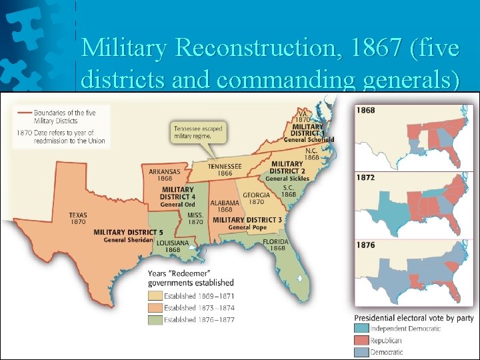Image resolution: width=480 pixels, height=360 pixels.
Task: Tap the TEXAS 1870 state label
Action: coord(77,218)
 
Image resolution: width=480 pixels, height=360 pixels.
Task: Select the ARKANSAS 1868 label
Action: coord(164,175)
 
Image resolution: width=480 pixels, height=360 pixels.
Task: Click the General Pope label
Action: coord(247,227)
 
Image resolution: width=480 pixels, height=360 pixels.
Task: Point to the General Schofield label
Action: coord(309,140)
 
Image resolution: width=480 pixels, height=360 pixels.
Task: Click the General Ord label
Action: coord(177,205)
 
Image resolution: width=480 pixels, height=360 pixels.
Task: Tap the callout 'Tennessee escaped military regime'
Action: coord(198,131)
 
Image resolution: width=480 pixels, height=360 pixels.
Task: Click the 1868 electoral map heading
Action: coord(365,109)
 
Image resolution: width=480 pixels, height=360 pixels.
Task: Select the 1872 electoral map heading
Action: coord(365,177)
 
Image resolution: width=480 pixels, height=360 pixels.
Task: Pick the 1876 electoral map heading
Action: coord(365,245)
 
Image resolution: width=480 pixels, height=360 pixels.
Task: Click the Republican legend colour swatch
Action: coord(362,340)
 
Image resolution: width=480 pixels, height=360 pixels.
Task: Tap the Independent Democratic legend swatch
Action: coord(362,329)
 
